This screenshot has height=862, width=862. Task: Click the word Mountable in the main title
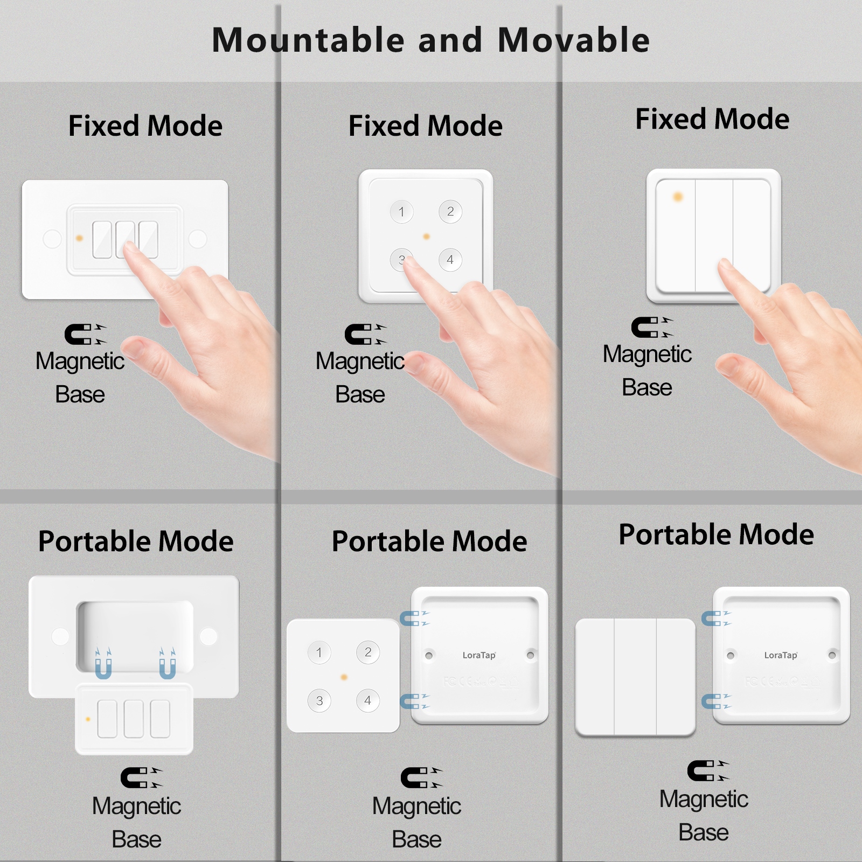tap(308, 40)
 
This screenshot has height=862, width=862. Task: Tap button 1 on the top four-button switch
tap(401, 212)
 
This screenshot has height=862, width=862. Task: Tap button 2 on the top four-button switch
tap(450, 212)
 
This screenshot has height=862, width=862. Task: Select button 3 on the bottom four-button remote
tap(319, 701)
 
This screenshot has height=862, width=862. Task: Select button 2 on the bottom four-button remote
tap(368, 652)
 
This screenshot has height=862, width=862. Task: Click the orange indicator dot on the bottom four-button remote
tap(344, 677)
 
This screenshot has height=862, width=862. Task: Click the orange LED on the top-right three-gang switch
tap(678, 197)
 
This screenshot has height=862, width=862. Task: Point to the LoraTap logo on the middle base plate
tap(479, 655)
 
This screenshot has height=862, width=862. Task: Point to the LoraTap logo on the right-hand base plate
tap(781, 655)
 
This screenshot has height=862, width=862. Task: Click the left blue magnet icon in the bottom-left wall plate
tap(103, 664)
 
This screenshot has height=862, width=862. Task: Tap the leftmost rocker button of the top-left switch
tap(102, 240)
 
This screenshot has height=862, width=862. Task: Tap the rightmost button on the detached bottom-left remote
tap(161, 719)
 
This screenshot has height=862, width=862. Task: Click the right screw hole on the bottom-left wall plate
tap(208, 636)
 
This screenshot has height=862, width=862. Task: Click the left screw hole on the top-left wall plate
tap(52, 239)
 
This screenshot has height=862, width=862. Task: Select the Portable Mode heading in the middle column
tap(429, 541)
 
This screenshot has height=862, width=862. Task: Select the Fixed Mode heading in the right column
tap(712, 119)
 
